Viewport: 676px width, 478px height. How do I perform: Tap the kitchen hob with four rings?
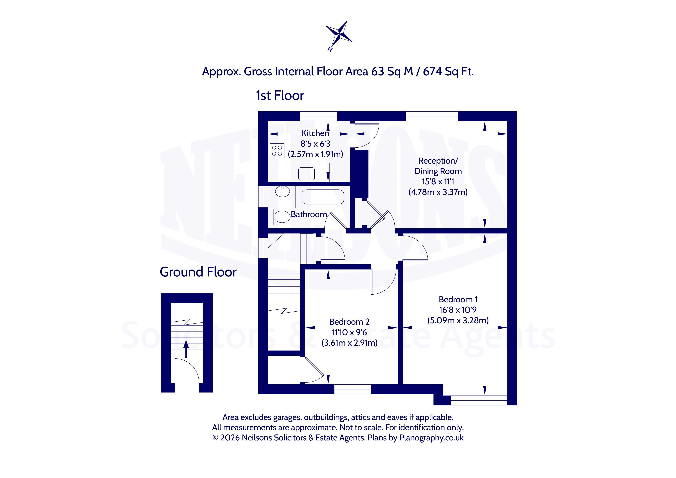pyautogui.click(x=277, y=150)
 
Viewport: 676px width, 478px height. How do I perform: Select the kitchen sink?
pyautogui.click(x=306, y=174)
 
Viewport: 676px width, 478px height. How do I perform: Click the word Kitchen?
pyautogui.click(x=315, y=133)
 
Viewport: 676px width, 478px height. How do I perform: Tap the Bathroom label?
pyautogui.click(x=309, y=214)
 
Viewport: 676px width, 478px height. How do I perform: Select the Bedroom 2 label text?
pyautogui.click(x=349, y=322)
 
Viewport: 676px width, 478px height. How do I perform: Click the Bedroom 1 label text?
pyautogui.click(x=458, y=299)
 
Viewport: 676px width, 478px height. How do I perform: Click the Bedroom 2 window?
pyautogui.click(x=352, y=389)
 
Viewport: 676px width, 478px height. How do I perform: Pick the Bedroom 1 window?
pyautogui.click(x=479, y=400)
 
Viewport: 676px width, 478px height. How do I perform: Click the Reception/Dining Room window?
pyautogui.click(x=432, y=116)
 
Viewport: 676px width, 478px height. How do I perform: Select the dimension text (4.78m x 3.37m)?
pyautogui.click(x=438, y=192)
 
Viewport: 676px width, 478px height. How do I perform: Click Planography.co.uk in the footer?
pyautogui.click(x=431, y=438)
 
